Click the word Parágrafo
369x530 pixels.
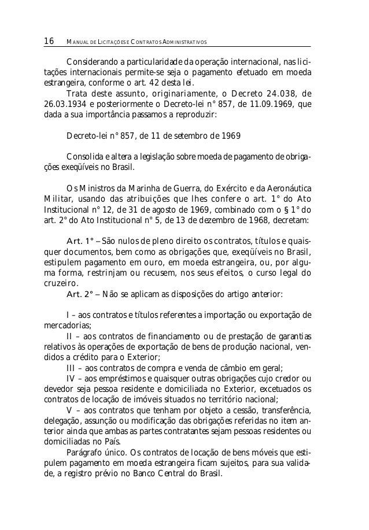85,453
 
